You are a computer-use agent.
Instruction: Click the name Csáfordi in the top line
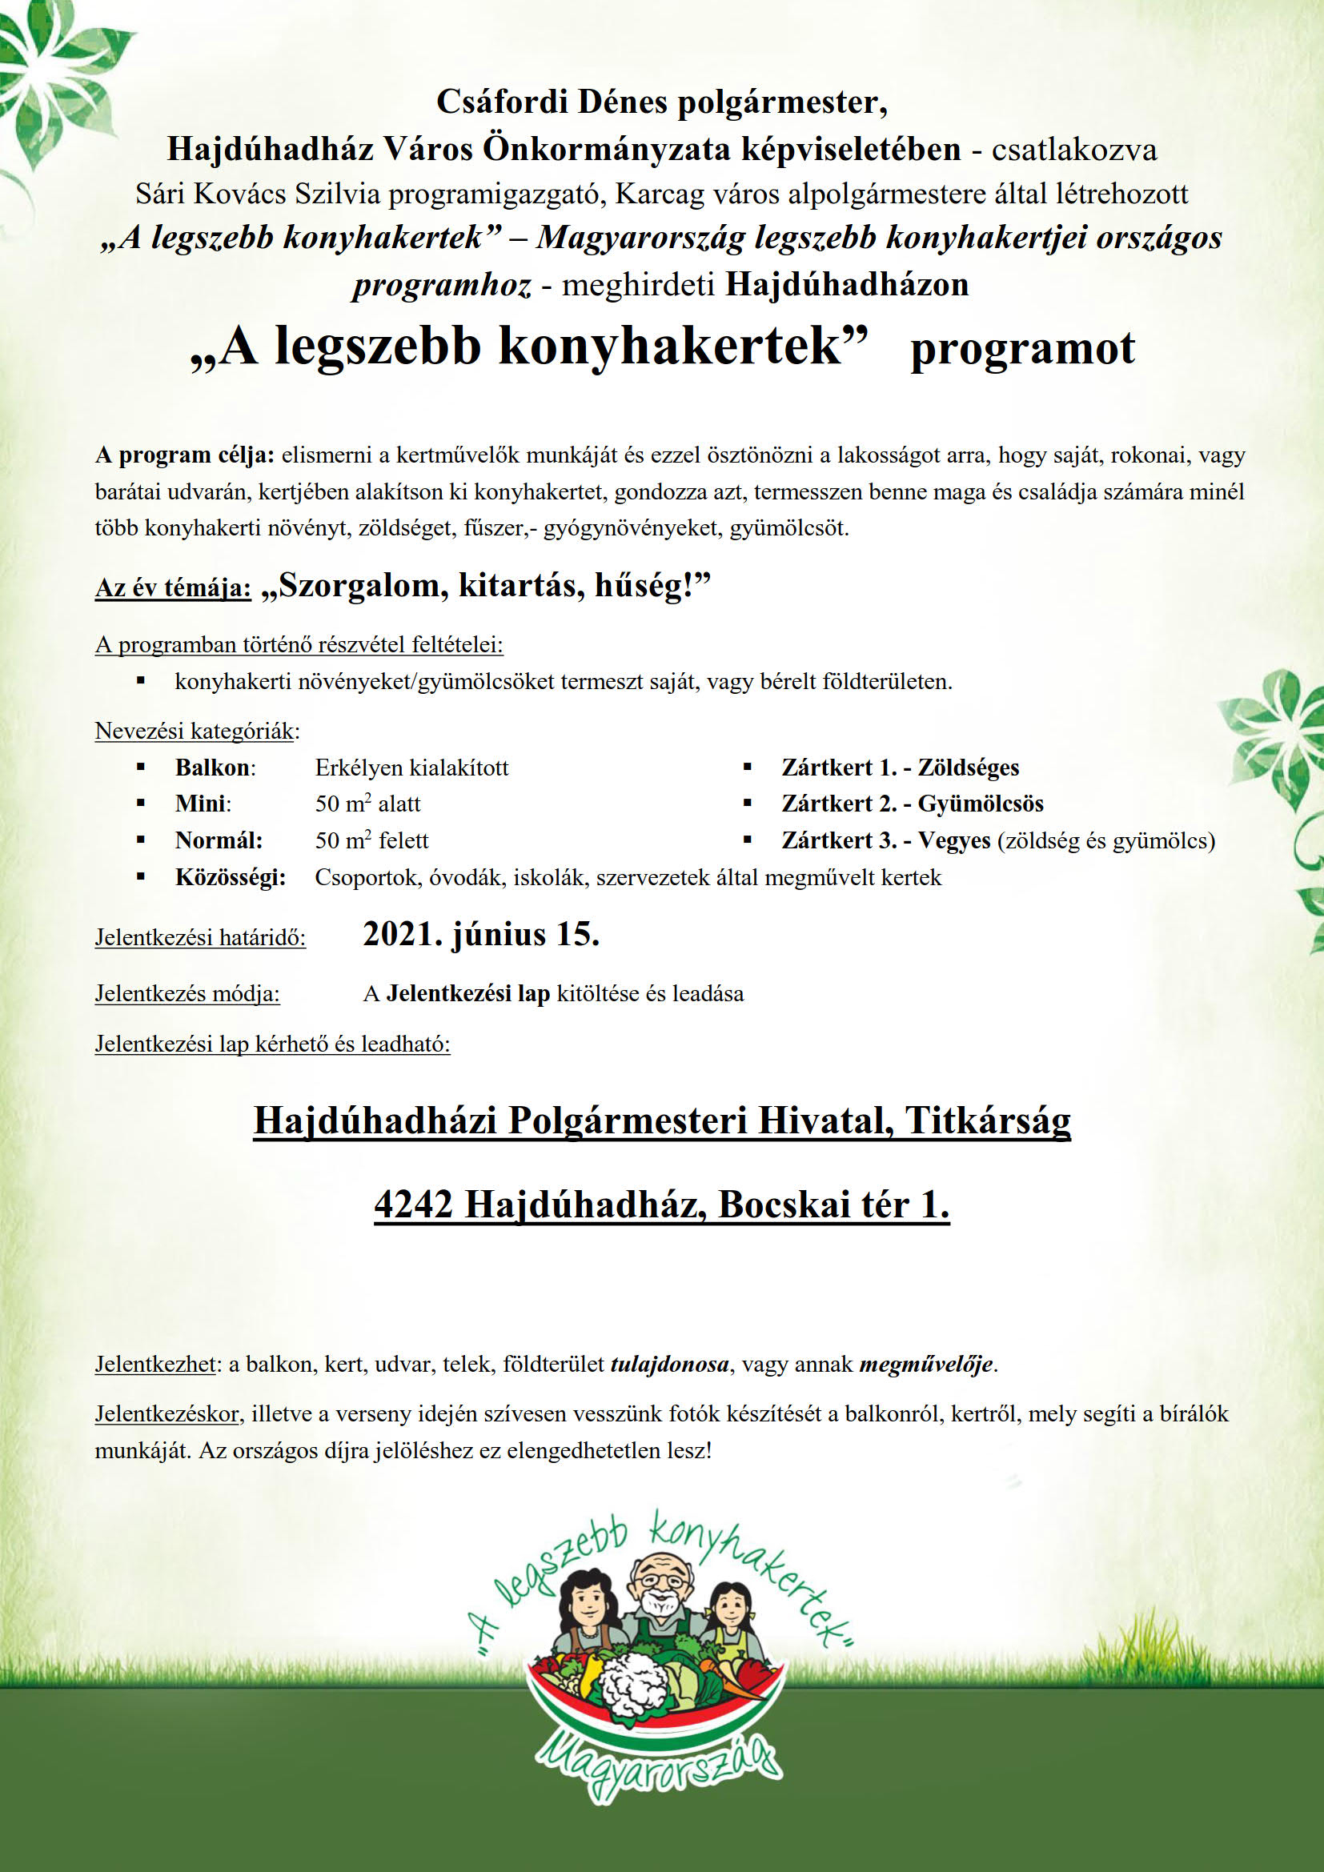[x=502, y=102]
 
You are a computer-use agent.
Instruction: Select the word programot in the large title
[x=1022, y=348]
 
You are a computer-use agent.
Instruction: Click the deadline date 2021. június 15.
[x=481, y=934]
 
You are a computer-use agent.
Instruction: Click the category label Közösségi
[x=230, y=877]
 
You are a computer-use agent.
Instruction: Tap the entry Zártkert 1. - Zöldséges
[x=900, y=768]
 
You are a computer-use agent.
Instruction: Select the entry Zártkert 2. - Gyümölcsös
[x=913, y=804]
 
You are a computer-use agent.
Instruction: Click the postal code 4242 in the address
[x=413, y=1205]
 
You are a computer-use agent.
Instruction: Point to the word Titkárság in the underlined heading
[x=988, y=1120]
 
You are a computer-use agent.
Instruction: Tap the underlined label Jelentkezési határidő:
[x=201, y=938]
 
